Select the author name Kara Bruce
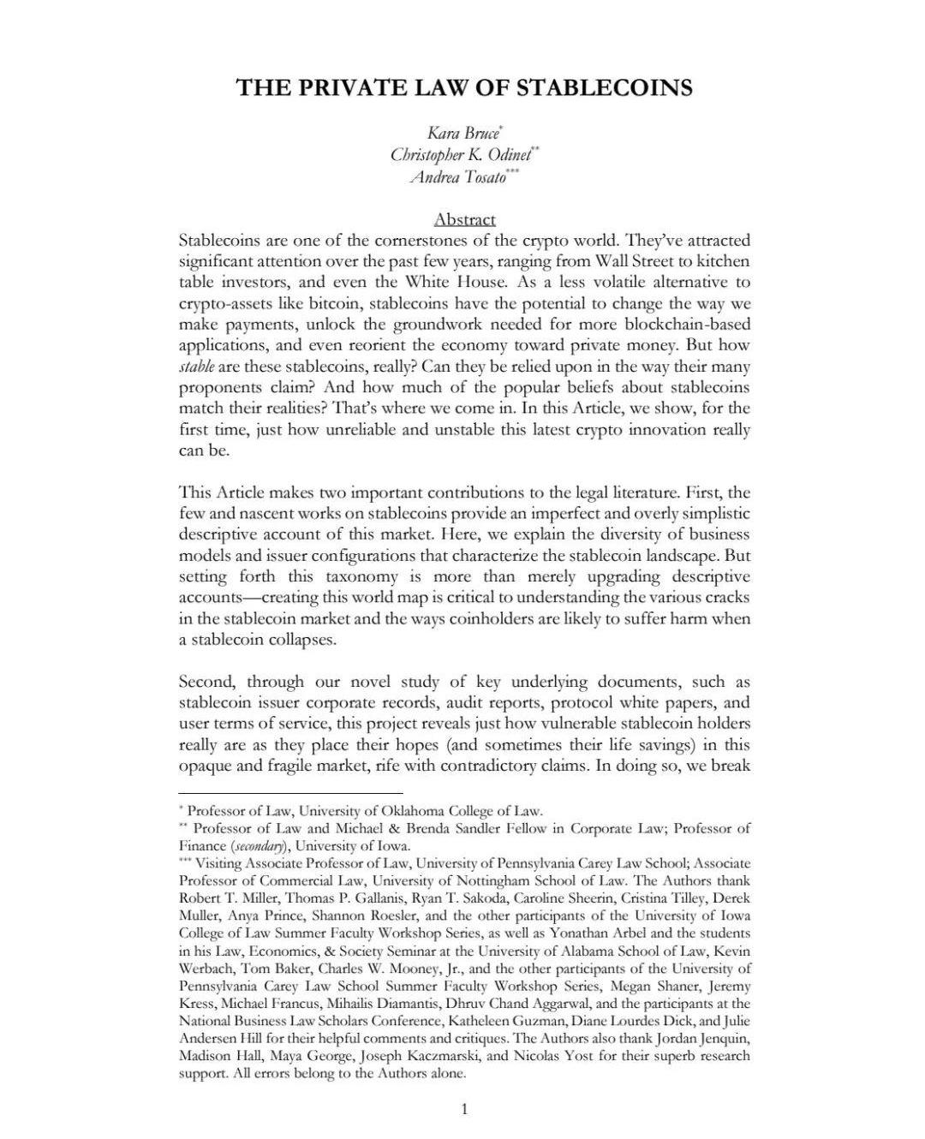coord(462,134)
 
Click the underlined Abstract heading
coord(464,219)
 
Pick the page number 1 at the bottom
coord(464,1110)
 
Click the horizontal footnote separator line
coord(290,794)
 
